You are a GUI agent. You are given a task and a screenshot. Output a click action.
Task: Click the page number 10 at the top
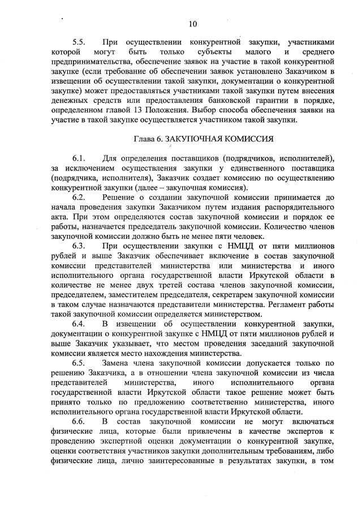click(193, 24)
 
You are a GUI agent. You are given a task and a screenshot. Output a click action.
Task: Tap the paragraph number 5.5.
click(79, 42)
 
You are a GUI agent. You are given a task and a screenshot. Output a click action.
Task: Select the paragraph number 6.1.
click(79, 156)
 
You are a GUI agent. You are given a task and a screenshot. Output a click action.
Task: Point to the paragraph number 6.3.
click(79, 246)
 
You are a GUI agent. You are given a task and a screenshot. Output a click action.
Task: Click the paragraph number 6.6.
click(79, 422)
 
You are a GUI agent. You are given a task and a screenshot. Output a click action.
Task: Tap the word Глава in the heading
click(145, 138)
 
